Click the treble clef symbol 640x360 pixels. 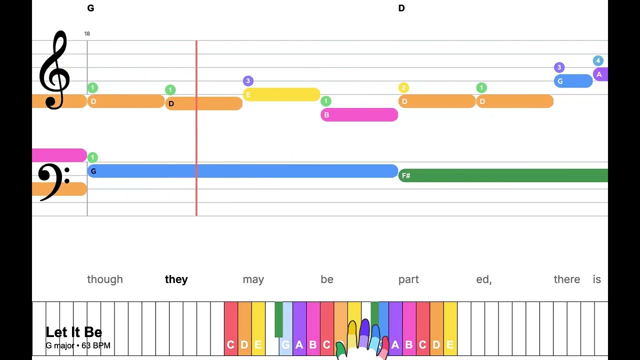54,70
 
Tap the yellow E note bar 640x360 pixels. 281,94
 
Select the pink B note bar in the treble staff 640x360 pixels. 359,115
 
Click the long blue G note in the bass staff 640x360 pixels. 242,171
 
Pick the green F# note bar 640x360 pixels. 502,175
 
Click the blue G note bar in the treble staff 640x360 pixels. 573,81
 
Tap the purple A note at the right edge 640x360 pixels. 600,74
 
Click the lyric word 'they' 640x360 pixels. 176,279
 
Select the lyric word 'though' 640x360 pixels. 105,279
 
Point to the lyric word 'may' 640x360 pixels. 253,279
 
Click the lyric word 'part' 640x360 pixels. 408,279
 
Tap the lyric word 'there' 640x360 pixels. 567,279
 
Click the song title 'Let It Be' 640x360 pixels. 74,332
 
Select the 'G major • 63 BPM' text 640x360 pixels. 78,345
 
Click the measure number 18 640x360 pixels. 87,33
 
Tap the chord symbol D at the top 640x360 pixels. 401,8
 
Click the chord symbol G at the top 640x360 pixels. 90,8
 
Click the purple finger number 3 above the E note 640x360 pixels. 248,81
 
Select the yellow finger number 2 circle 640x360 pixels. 404,88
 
